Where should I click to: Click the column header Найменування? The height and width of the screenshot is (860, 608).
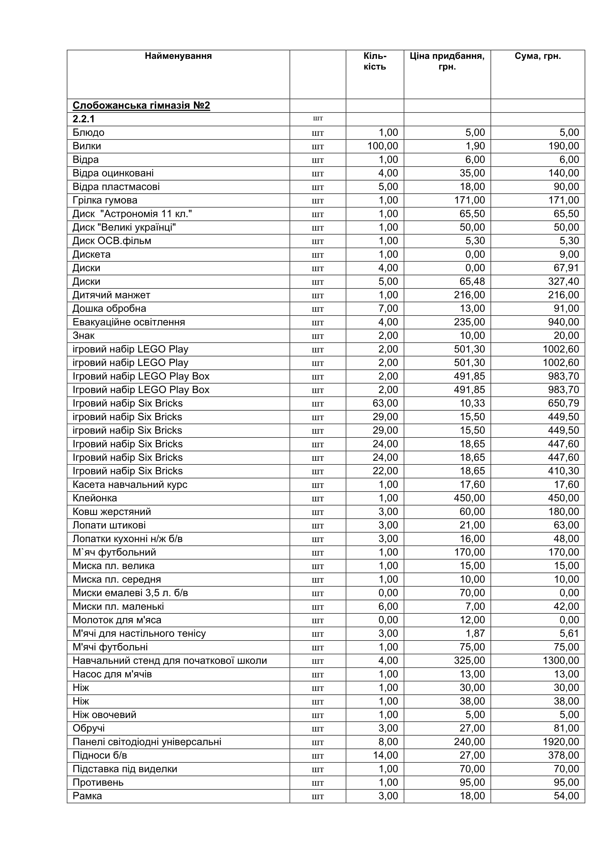[178, 56]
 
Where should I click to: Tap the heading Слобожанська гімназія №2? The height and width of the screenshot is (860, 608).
[141, 106]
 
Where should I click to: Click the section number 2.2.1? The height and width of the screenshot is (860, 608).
[84, 119]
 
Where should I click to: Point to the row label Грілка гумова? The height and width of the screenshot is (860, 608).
[105, 200]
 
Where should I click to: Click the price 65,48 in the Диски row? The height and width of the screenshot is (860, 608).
[469, 282]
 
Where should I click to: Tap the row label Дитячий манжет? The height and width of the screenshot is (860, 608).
[111, 295]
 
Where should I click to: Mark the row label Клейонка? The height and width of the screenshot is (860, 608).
[95, 498]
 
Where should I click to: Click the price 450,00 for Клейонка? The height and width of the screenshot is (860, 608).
[469, 498]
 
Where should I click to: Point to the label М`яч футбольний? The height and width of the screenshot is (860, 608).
[114, 552]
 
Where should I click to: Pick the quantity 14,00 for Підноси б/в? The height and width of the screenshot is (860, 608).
[385, 756]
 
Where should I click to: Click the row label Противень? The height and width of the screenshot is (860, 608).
[98, 783]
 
